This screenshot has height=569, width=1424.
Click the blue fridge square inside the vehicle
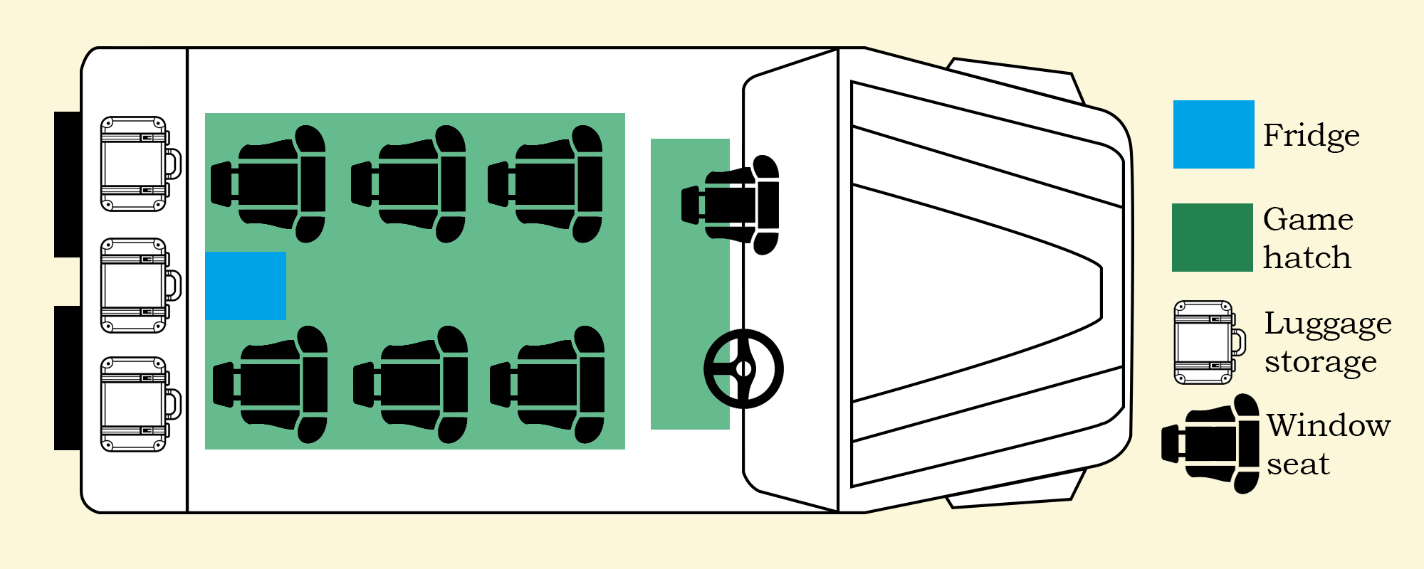[x=246, y=286]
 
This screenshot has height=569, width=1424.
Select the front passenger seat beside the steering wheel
[x=731, y=205]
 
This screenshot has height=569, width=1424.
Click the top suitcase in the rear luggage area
[x=140, y=164]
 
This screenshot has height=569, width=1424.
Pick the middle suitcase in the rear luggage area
[x=140, y=286]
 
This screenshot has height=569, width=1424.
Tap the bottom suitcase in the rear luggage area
[x=140, y=405]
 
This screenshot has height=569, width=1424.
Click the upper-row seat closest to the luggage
[x=268, y=184]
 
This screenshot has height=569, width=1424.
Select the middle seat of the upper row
[x=409, y=184]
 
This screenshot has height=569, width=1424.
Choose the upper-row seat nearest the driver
[x=545, y=184]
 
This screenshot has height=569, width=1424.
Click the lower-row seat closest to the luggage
[x=271, y=385]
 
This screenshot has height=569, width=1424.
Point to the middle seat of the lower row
[x=411, y=385]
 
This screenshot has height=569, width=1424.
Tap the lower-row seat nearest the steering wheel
[x=548, y=385]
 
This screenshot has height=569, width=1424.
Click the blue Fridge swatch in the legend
[x=1214, y=134]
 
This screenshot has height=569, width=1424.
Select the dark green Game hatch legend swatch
[x=1213, y=238]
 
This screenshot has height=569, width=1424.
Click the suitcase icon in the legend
[x=1210, y=343]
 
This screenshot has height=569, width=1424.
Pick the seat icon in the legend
[x=1211, y=444]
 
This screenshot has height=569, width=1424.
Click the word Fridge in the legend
[x=1312, y=136]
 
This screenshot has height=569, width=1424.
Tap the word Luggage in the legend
[x=1328, y=324]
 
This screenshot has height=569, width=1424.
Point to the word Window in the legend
[x=1329, y=425]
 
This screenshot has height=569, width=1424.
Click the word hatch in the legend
[x=1307, y=257]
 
